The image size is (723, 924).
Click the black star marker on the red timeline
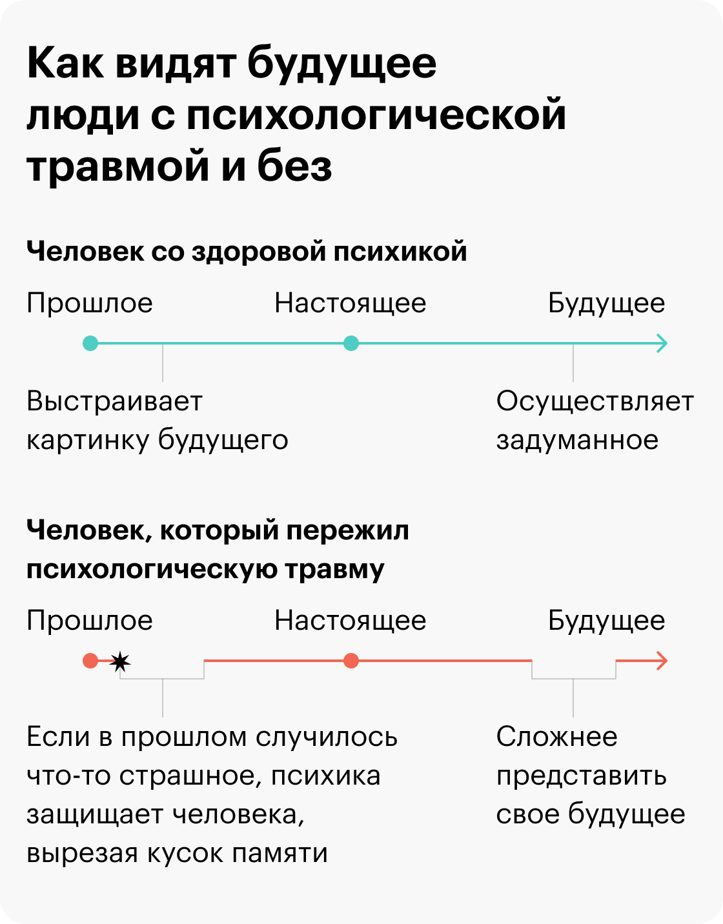pos(120,661)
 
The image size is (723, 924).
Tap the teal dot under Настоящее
pos(351,343)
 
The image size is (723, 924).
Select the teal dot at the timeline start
pos(90,343)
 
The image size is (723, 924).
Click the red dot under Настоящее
pos(351,661)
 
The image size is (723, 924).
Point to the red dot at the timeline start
pos(90,661)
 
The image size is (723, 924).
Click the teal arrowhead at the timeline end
pos(662,343)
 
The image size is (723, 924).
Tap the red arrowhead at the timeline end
pos(662,661)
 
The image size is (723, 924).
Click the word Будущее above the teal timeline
pos(606,304)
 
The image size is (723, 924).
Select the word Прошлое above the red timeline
pos(89,620)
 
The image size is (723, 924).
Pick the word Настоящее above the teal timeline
pos(350,304)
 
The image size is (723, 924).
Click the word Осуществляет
pos(595,401)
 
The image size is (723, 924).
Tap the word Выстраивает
pos(114,401)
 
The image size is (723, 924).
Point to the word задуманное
pos(578,441)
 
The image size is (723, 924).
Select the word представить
pos(582,776)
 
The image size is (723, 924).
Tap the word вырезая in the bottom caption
pos(82,854)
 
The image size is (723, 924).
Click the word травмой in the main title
pos(117,166)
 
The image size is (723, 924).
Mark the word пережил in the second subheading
pos(347,531)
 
